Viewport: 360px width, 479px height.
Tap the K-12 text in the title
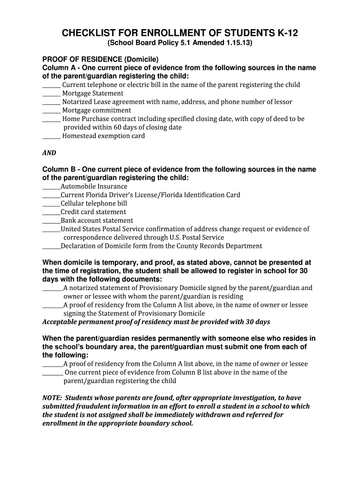point(285,33)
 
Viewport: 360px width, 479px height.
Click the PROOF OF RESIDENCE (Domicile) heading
point(101,59)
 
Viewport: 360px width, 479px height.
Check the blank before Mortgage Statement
point(51,94)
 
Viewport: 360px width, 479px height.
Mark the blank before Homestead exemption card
point(51,136)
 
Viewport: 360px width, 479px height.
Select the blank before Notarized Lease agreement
point(51,102)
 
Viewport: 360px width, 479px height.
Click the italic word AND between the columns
point(49,153)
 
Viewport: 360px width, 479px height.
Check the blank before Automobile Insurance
point(51,187)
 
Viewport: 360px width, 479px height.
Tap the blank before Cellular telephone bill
point(51,203)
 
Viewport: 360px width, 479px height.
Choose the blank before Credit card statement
point(51,212)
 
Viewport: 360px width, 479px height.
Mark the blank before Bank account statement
point(51,220)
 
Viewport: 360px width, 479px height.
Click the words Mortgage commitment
point(97,110)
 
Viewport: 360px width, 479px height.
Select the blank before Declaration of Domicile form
point(51,246)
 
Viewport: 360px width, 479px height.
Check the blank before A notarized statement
point(52,288)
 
